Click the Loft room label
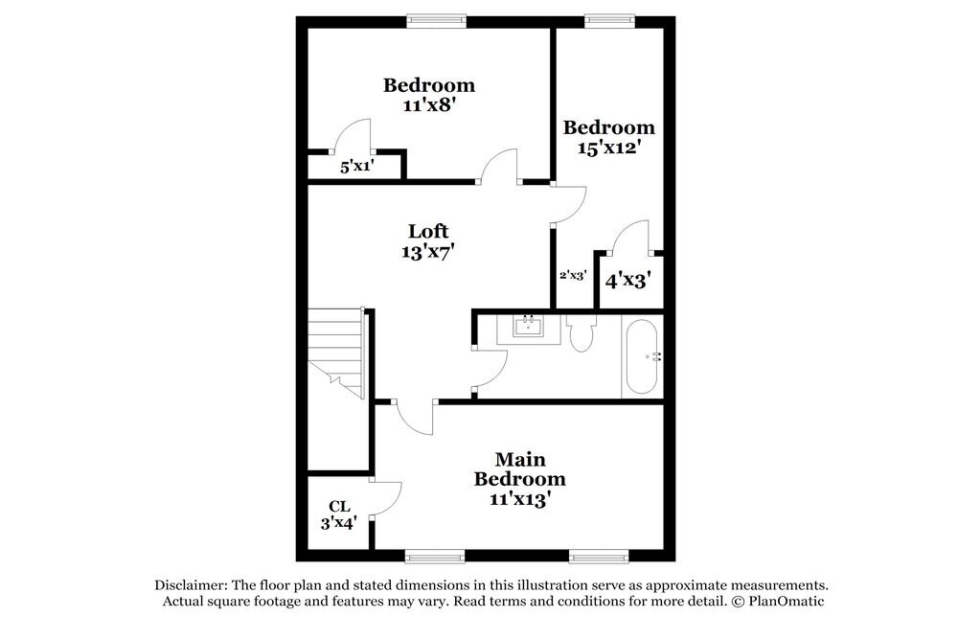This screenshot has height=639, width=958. [x=428, y=232]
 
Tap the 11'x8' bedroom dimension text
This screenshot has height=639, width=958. [x=429, y=105]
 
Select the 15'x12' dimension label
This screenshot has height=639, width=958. [x=608, y=148]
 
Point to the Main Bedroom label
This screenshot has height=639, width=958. [x=520, y=468]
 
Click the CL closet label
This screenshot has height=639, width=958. [x=339, y=506]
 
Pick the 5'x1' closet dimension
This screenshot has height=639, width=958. [x=357, y=166]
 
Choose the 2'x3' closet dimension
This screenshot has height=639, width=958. [x=573, y=275]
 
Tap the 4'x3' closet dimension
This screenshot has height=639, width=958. [x=627, y=280]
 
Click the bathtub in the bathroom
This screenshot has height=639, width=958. [x=642, y=357]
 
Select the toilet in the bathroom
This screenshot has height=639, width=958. [x=580, y=332]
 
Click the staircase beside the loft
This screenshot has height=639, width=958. [x=336, y=354]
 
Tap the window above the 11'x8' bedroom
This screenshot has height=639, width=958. [x=437, y=21]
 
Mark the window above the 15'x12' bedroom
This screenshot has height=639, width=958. [x=609, y=21]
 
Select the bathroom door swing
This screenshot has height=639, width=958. [x=490, y=369]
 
